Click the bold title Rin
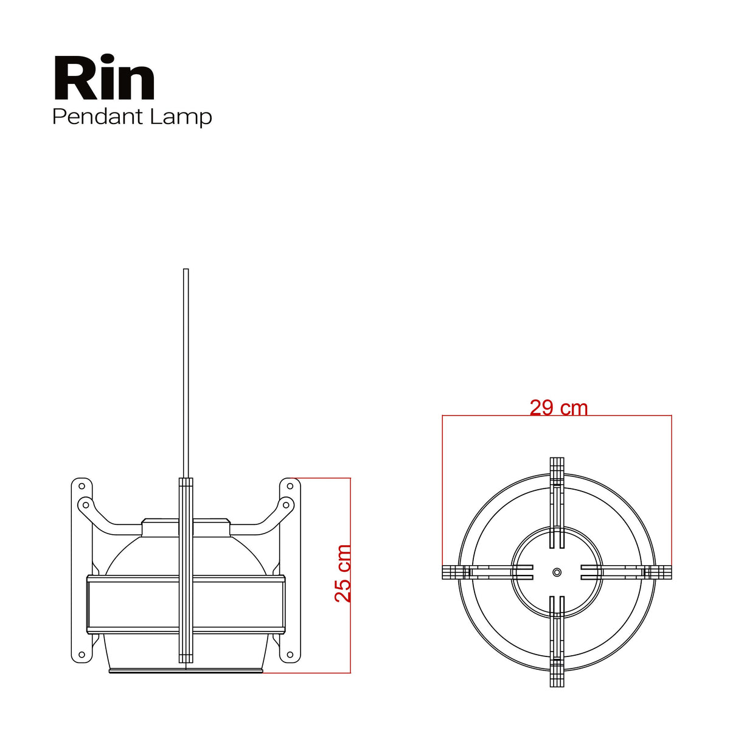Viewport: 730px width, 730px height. (x=104, y=78)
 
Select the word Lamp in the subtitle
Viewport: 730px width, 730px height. (x=181, y=117)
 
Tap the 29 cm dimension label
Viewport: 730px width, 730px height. (x=558, y=408)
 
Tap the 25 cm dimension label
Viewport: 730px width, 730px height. (x=343, y=573)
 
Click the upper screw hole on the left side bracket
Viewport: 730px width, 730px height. (x=82, y=486)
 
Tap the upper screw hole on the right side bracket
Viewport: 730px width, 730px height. (x=290, y=486)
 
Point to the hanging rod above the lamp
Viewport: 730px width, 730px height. (x=186, y=373)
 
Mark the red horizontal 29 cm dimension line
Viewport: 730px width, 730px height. (x=557, y=415)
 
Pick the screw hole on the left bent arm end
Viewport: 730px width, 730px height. (x=86, y=505)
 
